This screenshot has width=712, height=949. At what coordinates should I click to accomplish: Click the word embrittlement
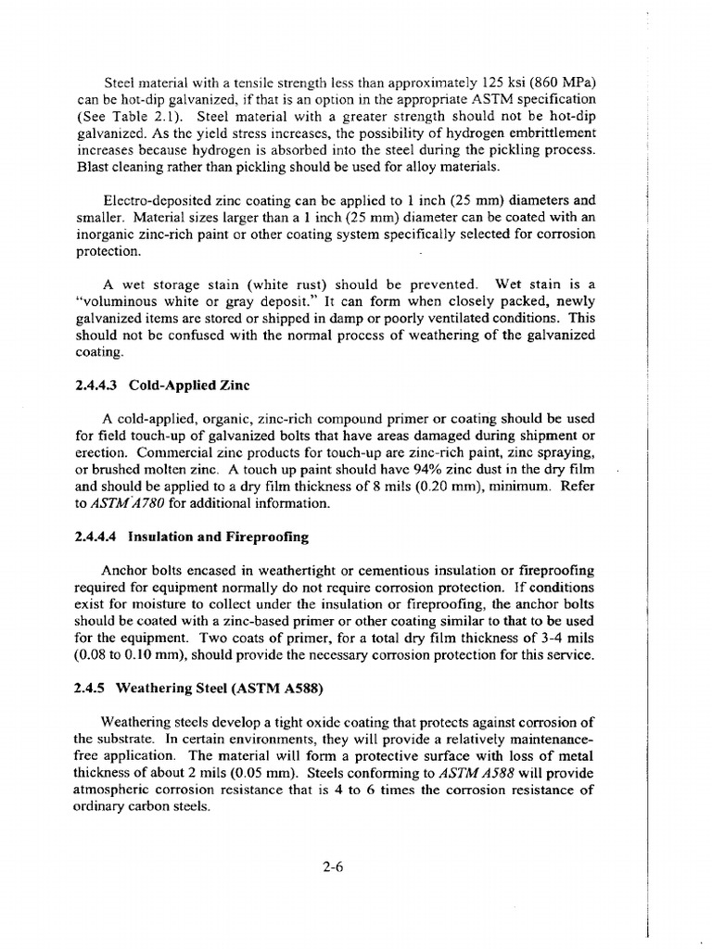point(547,133)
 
